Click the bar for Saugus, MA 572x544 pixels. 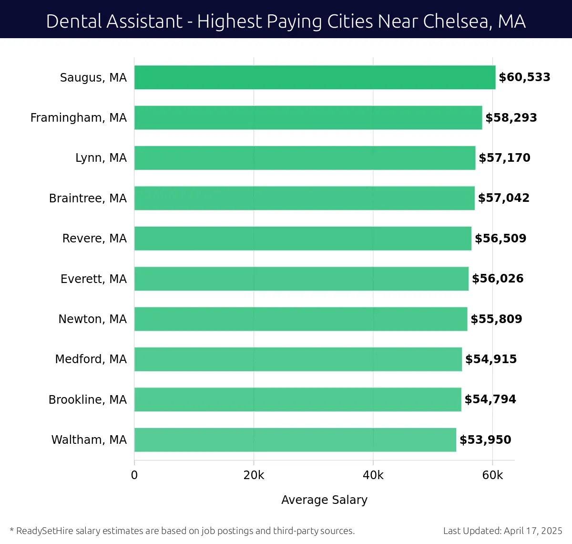[315, 77]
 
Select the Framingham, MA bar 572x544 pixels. [308, 117]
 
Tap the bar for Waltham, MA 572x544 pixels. [295, 439]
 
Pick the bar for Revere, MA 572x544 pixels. [303, 238]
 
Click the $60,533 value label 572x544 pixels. [524, 77]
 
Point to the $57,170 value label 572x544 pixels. [504, 158]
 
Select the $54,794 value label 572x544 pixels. [490, 399]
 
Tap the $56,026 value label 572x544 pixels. [498, 279]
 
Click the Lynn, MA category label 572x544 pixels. [101, 158]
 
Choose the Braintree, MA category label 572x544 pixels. [88, 198]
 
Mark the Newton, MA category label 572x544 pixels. [92, 319]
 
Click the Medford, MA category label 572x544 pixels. [91, 359]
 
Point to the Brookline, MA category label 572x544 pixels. [88, 399]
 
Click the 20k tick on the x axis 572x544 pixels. [254, 475]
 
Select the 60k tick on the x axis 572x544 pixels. [492, 475]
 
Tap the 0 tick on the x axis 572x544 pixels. [134, 475]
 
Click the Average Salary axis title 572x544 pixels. [324, 500]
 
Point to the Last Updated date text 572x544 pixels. [502, 531]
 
